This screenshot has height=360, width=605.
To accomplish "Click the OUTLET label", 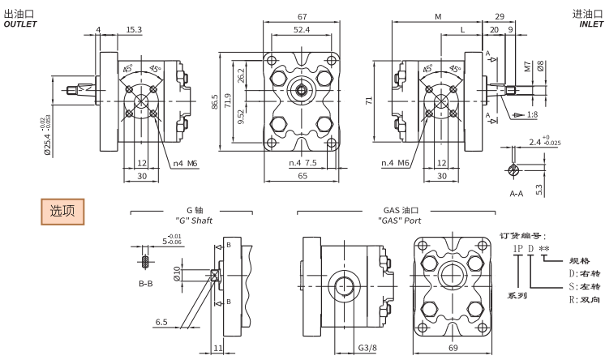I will click(x=20, y=24).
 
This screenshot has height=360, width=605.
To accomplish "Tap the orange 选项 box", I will click(x=62, y=212).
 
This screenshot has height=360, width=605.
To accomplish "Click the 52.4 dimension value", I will click(x=301, y=30).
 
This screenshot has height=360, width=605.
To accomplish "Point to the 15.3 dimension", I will click(x=133, y=30).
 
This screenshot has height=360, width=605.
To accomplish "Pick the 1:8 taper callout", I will click(x=531, y=115).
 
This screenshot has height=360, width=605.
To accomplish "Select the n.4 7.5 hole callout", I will click(x=303, y=164).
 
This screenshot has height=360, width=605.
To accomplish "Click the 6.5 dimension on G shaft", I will click(x=161, y=322).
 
